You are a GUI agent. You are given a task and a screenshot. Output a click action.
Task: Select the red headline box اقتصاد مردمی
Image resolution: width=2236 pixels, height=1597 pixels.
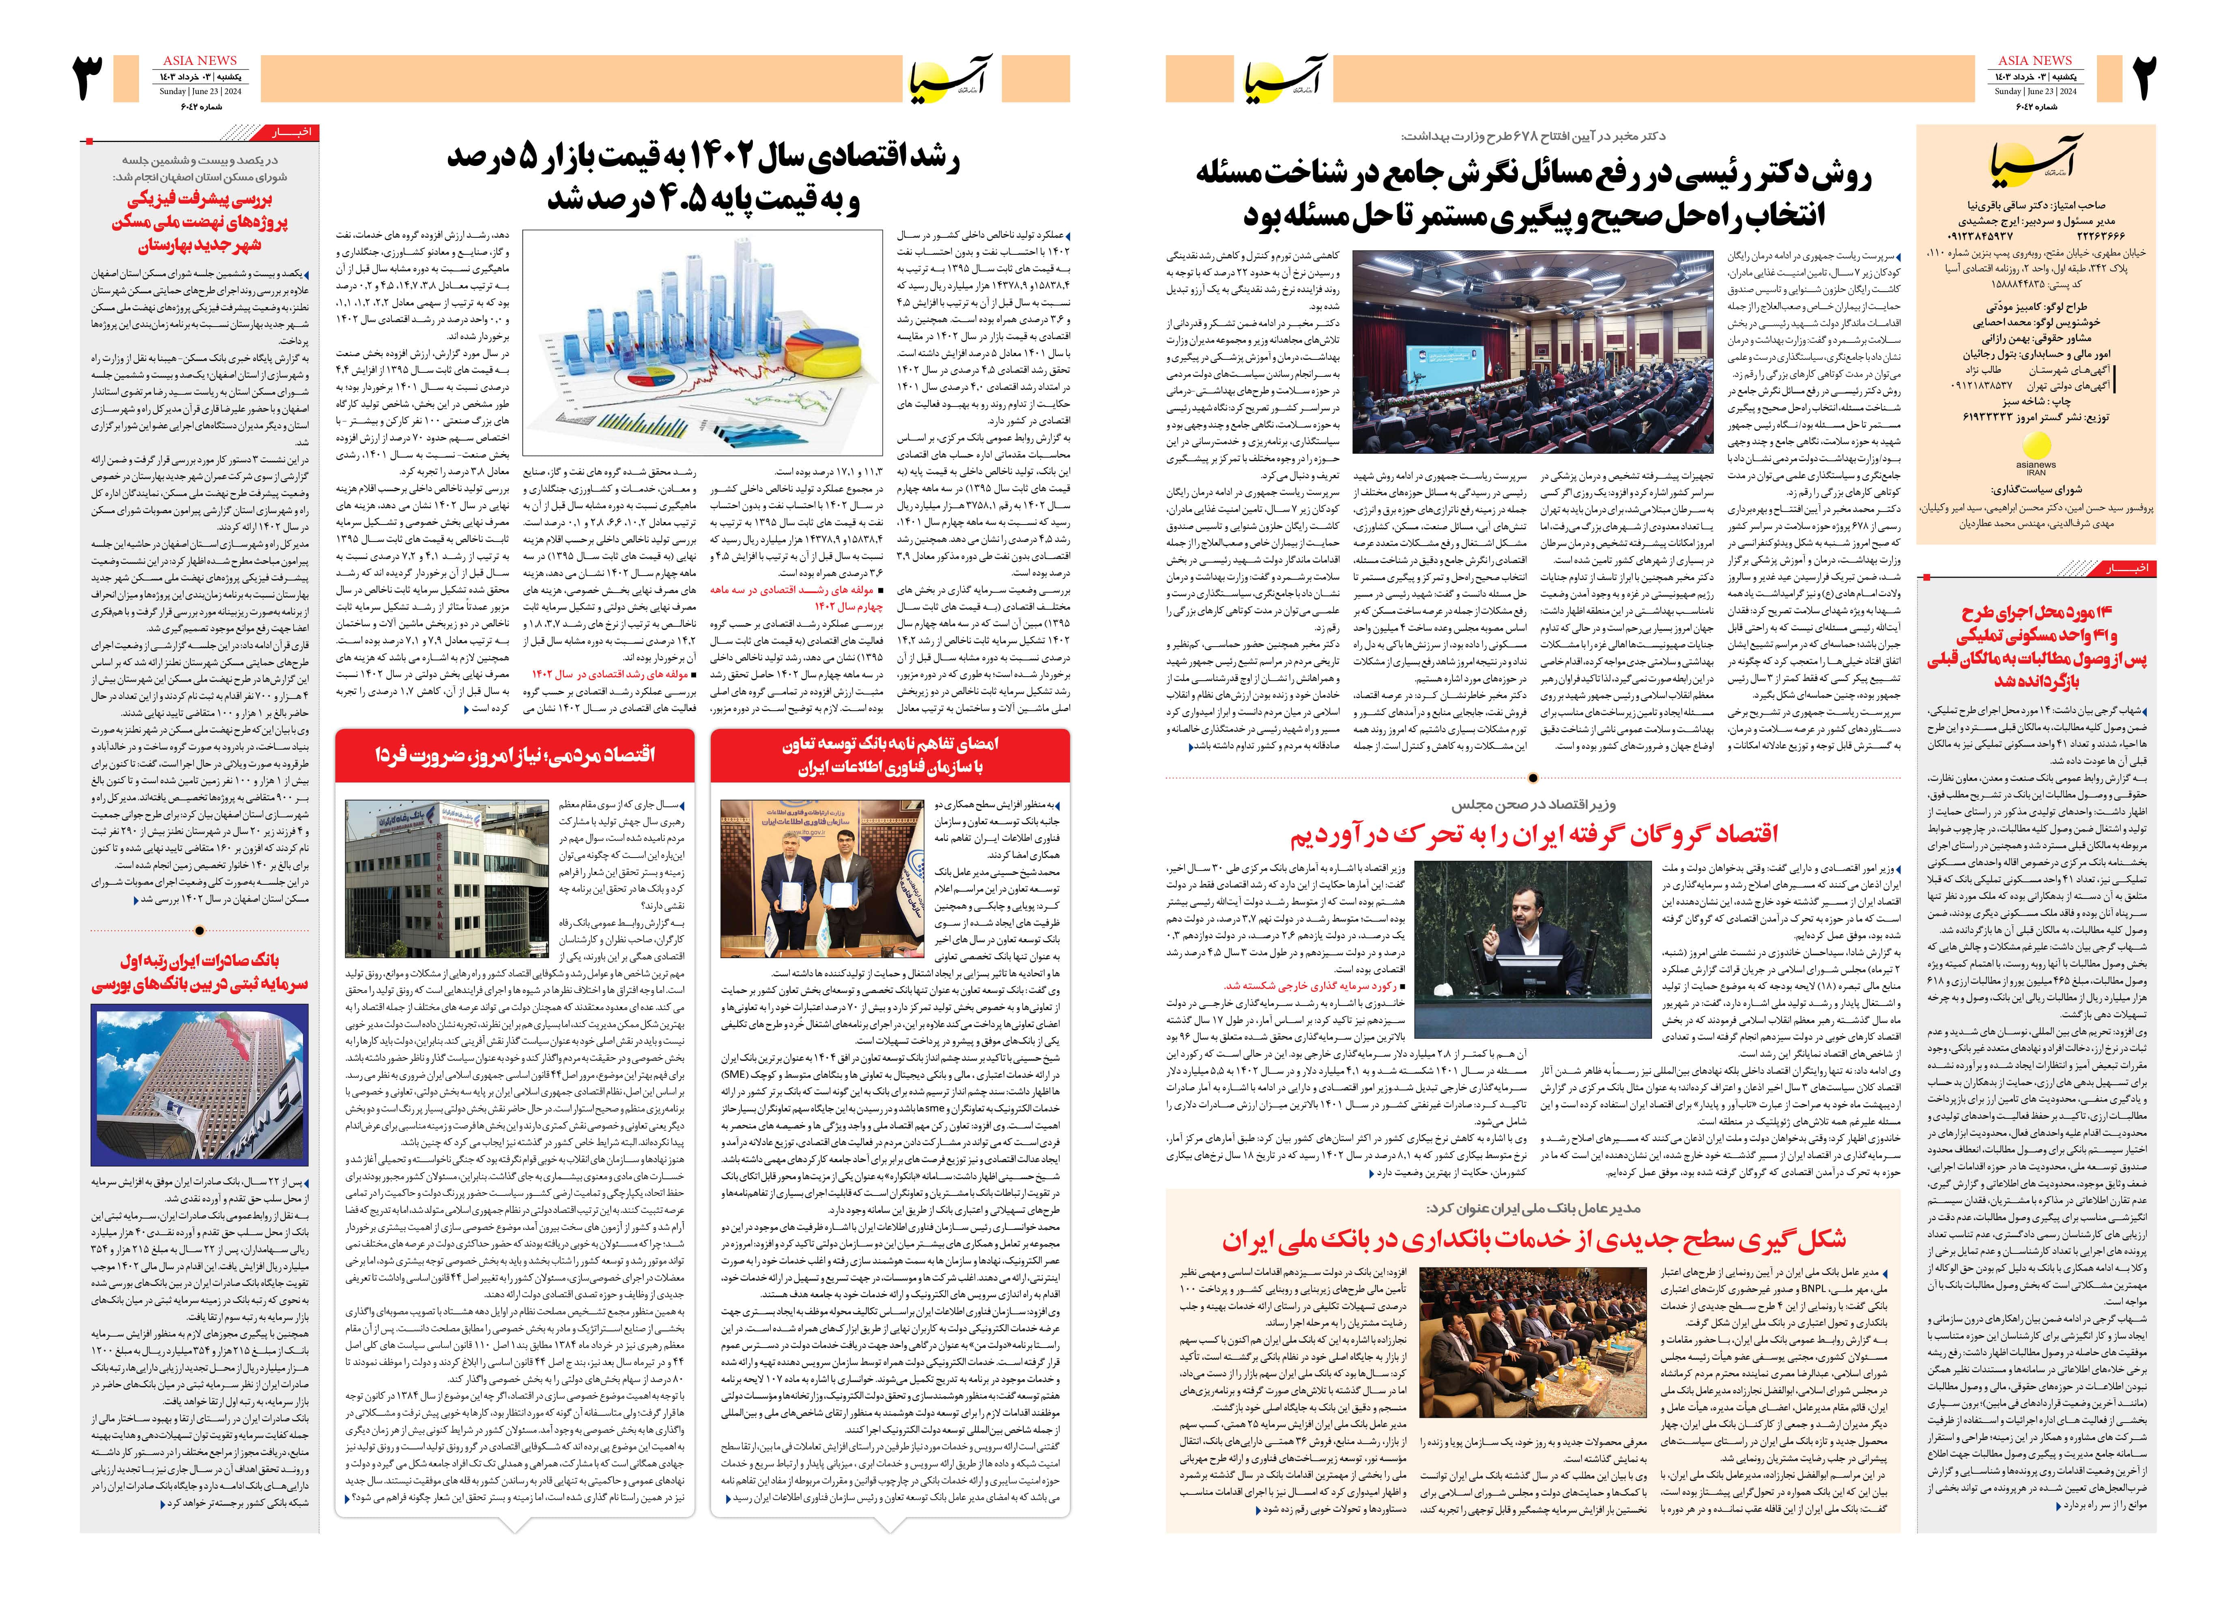pos(514,754)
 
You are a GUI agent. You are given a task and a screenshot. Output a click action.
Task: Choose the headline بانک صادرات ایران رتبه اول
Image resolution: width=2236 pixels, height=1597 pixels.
pos(200,972)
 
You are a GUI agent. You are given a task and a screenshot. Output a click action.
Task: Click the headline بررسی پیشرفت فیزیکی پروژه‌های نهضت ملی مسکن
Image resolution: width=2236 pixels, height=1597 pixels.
pos(200,222)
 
